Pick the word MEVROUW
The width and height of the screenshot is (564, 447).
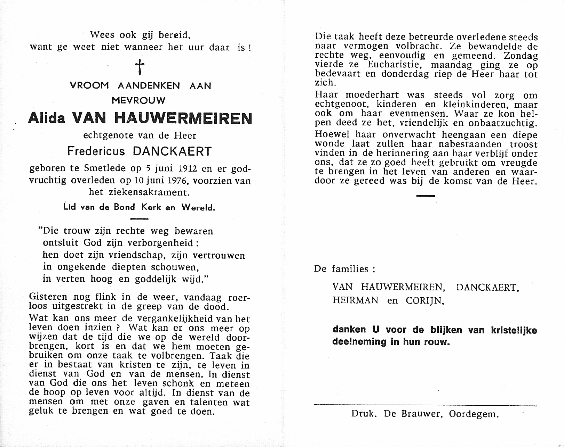point(139,100)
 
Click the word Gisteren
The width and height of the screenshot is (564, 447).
point(48,298)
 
